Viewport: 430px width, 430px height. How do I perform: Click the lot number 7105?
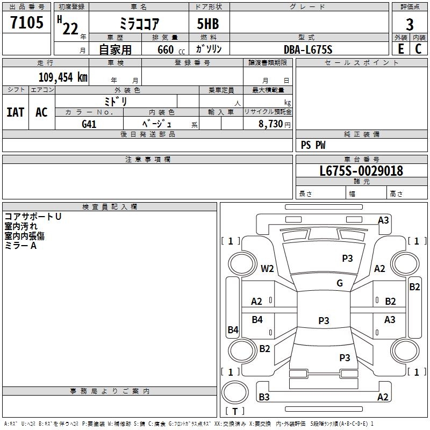(x=27, y=22)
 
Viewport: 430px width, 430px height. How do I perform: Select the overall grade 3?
(x=410, y=25)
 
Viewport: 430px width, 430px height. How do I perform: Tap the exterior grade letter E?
(x=400, y=49)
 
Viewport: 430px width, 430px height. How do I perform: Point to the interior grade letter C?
(x=418, y=49)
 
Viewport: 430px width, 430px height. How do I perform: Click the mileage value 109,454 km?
(x=63, y=77)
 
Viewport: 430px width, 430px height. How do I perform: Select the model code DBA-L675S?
(x=308, y=49)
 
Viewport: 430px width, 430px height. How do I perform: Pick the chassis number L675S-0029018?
(x=361, y=171)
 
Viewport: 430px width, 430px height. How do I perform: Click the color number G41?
(x=89, y=124)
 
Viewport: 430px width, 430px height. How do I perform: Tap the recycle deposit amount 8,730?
(x=271, y=124)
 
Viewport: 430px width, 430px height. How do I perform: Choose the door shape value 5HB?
(x=208, y=24)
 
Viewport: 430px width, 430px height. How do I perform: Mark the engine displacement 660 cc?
(x=171, y=50)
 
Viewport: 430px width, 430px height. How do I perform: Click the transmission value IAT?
(x=16, y=112)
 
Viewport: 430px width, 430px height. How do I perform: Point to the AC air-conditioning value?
(x=41, y=112)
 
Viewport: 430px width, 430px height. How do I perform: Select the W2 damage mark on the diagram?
(x=267, y=268)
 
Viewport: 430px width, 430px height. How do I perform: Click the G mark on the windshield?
(x=340, y=283)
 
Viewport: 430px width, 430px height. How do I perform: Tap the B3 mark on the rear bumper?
(x=264, y=397)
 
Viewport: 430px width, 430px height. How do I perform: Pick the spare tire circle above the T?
(x=235, y=392)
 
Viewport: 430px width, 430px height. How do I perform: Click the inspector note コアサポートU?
(x=33, y=217)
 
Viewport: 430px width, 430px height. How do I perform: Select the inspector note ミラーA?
(x=20, y=246)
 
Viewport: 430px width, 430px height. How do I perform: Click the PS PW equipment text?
(x=313, y=145)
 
